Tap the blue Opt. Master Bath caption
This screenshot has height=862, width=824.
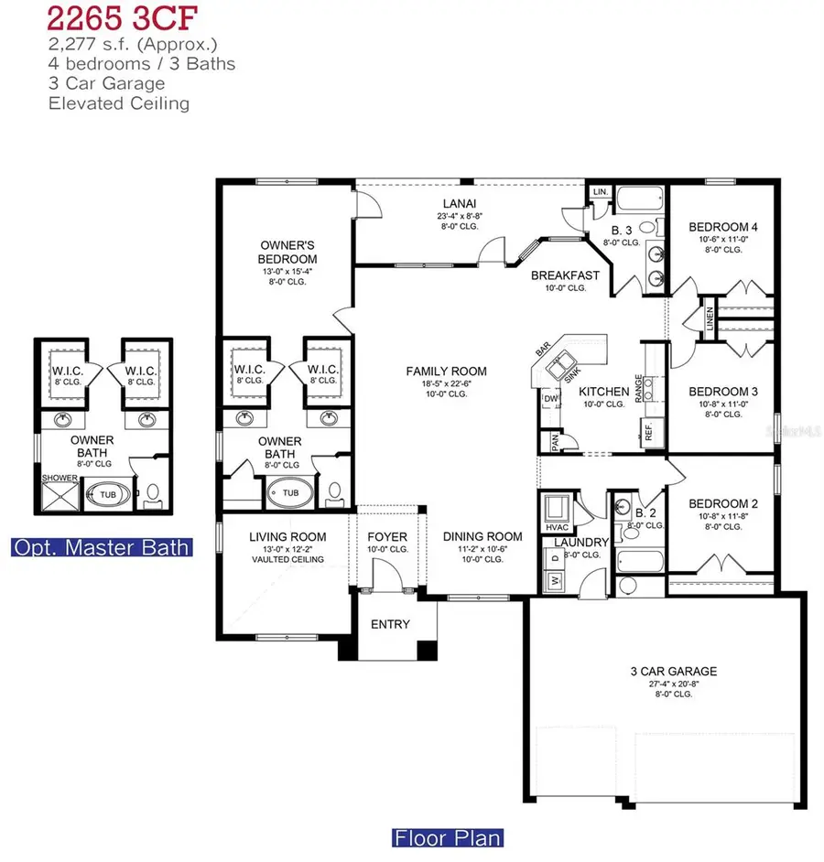tap(102, 547)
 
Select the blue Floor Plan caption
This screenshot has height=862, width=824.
tap(448, 836)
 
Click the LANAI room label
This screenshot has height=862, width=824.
tap(460, 203)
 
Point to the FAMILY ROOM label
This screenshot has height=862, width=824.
tap(447, 372)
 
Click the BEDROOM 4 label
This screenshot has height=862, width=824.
tap(722, 227)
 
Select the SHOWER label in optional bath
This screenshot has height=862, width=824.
tap(54, 477)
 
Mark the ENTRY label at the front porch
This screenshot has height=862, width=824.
tap(390, 624)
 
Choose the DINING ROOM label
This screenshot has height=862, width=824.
tap(482, 537)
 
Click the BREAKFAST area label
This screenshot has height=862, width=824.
tap(565, 275)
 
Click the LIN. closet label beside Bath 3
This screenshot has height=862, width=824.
tap(600, 192)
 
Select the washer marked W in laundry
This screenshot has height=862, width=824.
tap(554, 579)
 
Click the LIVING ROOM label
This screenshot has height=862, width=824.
tap(288, 537)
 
